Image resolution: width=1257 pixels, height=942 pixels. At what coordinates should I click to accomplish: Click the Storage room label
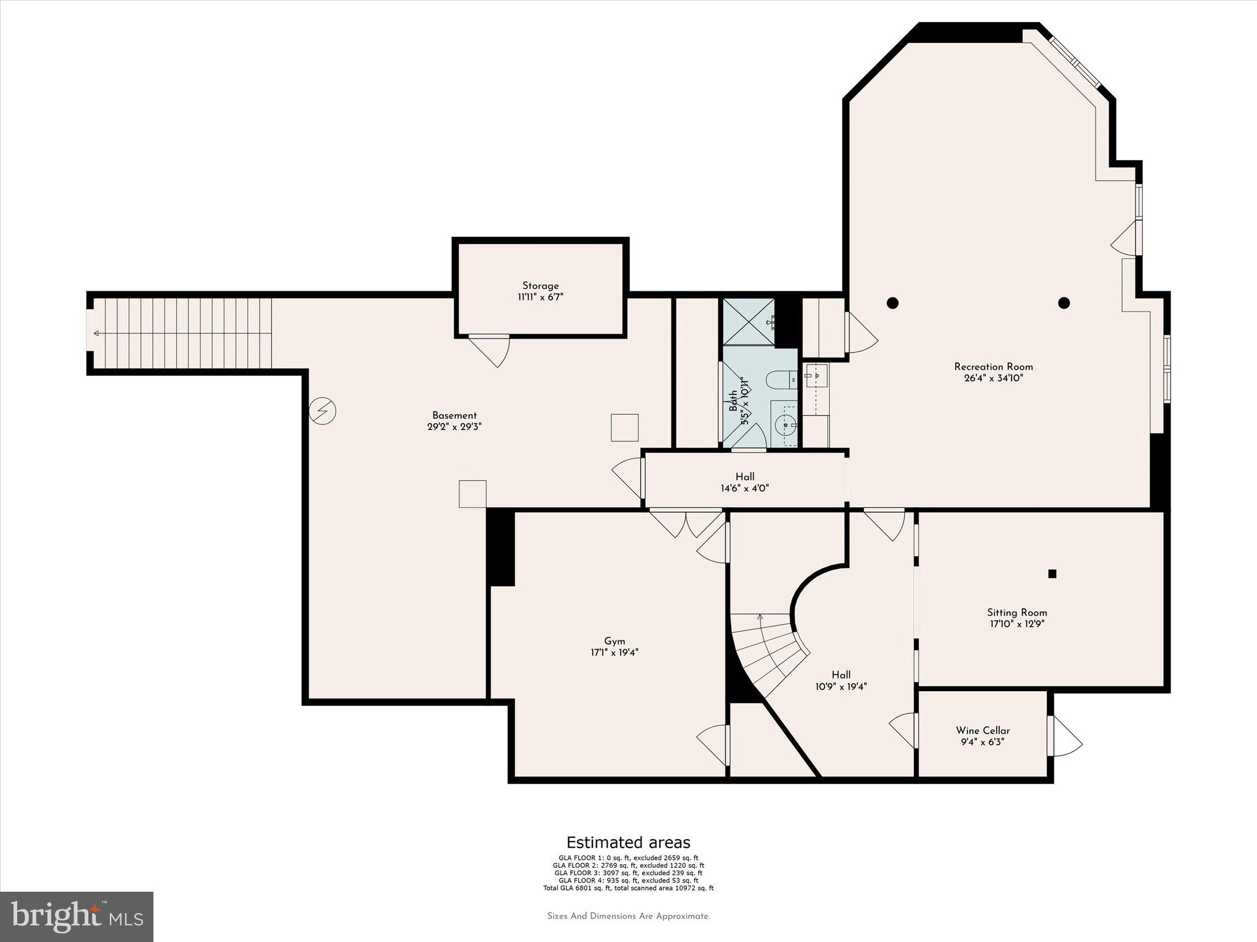tap(540, 286)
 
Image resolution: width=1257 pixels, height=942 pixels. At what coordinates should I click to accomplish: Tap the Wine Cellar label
tap(982, 730)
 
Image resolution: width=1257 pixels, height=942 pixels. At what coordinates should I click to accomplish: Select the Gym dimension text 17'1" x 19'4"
tap(614, 653)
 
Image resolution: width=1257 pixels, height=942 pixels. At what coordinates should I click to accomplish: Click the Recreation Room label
tap(993, 367)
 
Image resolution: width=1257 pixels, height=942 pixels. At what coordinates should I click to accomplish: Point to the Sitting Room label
tap(1016, 613)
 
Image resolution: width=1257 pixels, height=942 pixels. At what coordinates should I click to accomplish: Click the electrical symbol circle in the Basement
tap(322, 411)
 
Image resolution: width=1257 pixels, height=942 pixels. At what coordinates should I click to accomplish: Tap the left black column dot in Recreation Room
tap(892, 302)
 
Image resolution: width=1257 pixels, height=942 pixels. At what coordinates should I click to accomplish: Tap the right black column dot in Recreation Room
tap(1064, 302)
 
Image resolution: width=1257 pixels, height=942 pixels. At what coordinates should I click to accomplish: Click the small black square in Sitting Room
tap(1052, 574)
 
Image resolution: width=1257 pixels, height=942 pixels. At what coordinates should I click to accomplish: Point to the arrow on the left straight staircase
tap(96, 334)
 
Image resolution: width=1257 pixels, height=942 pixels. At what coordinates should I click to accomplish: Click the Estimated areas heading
tap(628, 842)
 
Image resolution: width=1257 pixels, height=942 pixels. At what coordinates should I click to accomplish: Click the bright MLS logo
tap(77, 916)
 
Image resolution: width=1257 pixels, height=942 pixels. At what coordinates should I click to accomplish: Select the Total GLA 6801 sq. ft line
tap(628, 887)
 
